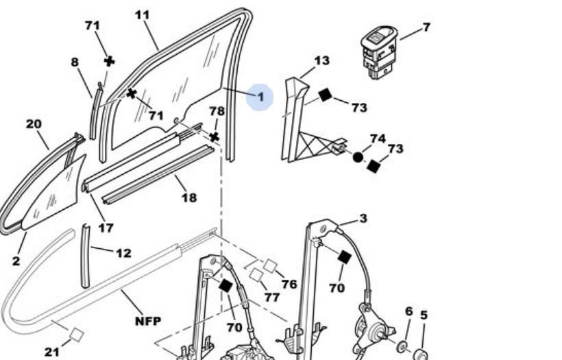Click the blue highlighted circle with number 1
point(260,97)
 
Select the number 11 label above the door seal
point(142,14)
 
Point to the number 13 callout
point(321,60)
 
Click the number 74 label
point(378,139)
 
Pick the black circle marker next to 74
point(358,157)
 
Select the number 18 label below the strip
point(188,197)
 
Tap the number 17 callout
point(106,228)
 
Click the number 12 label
point(123,253)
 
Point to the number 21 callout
point(52,352)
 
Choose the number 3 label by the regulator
point(363,218)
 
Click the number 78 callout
point(217,110)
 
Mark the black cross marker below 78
point(215,136)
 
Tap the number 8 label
point(74,62)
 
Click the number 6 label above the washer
point(408,311)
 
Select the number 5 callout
point(424,315)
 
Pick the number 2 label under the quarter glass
point(16,260)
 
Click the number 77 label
point(272,297)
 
